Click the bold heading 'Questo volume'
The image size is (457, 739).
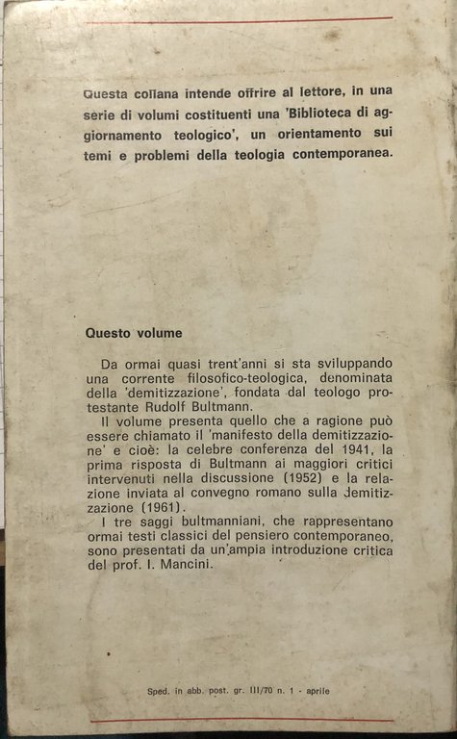tap(133, 334)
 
